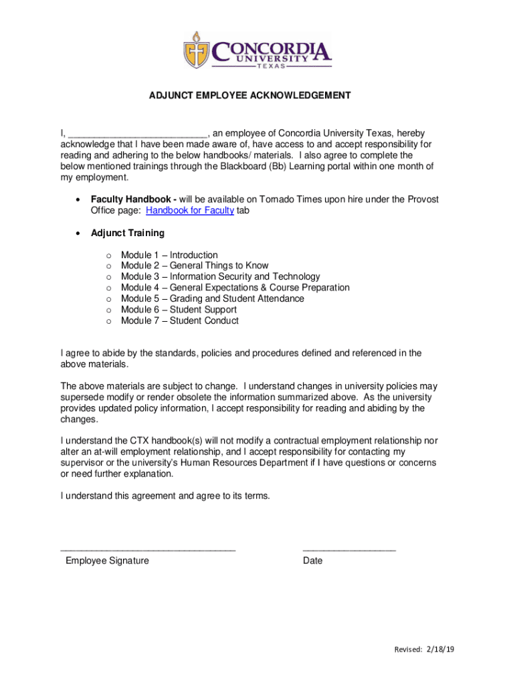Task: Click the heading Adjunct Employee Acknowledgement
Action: [249, 96]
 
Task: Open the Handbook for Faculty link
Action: [190, 211]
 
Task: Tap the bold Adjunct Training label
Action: [127, 233]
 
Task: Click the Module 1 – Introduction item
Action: [169, 255]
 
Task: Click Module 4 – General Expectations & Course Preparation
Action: [235, 288]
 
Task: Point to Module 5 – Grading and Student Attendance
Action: [212, 298]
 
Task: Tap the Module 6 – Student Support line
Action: [179, 310]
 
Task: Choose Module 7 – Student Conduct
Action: [179, 320]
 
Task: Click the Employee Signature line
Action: [148, 549]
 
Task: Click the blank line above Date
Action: [349, 549]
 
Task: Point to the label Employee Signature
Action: [107, 561]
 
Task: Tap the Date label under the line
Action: [312, 561]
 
